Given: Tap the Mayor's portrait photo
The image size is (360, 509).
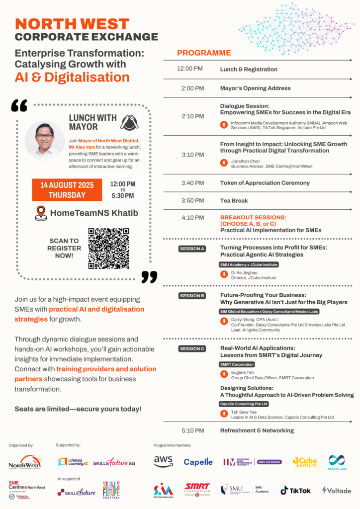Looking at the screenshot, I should pyautogui.click(x=45, y=141).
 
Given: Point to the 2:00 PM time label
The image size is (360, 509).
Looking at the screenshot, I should pyautogui.click(x=192, y=88).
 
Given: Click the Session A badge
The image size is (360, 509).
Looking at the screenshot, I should pyautogui.click(x=192, y=249).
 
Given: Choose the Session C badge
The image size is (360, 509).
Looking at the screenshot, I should pyautogui.click(x=192, y=349).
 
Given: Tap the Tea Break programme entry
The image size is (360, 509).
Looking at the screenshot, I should pyautogui.click(x=234, y=201).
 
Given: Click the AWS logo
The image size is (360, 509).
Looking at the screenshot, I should pyautogui.click(x=163, y=462).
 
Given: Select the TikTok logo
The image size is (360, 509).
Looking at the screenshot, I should pyautogui.click(x=295, y=490).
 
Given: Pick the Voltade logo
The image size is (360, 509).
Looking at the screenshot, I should pyautogui.click(x=337, y=490).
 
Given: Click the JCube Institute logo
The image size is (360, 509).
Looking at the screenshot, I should pyautogui.click(x=304, y=462).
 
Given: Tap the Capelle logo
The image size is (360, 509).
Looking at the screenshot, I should pyautogui.click(x=198, y=462).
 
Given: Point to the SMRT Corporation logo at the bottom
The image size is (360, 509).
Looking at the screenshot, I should pyautogui.click(x=197, y=490).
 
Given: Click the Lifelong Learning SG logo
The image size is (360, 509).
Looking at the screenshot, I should pyautogui.click(x=73, y=462).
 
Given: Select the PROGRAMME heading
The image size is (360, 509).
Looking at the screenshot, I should pyautogui.click(x=204, y=53).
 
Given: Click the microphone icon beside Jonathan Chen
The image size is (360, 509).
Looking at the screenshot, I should pyautogui.click(x=223, y=163).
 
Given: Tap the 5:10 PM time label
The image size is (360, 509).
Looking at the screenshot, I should pyautogui.click(x=192, y=430).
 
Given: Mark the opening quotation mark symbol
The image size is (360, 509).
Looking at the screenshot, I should pyautogui.click(x=19, y=105).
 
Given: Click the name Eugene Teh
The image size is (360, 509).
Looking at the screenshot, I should pyautogui.click(x=242, y=372).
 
